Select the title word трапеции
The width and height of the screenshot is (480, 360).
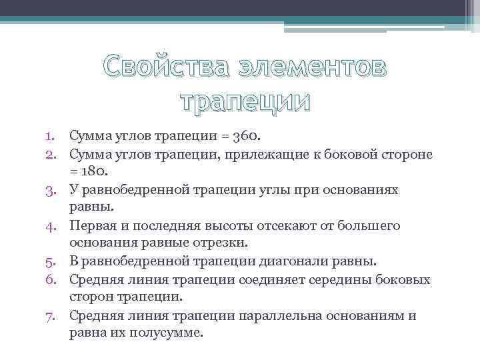pos(246,102)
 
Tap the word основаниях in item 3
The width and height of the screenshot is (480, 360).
pos(361,190)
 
